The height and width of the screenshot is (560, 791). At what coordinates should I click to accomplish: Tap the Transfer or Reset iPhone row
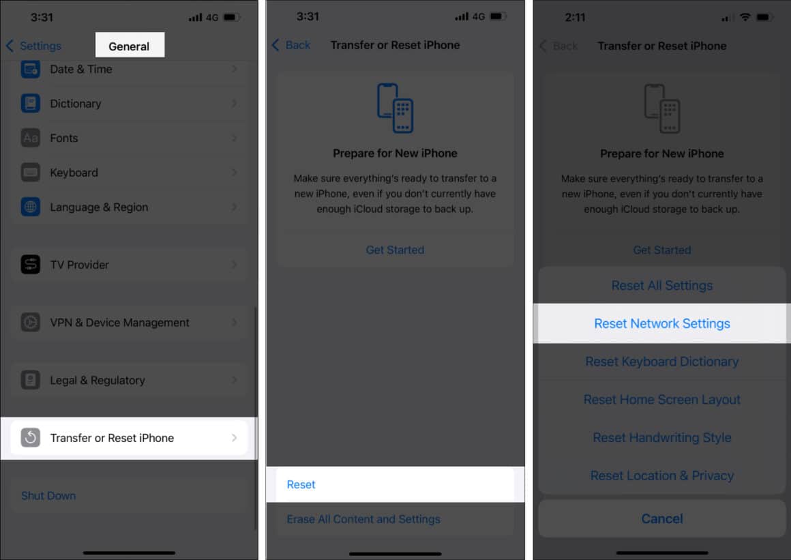128,438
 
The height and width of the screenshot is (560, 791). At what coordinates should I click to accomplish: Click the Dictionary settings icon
31,104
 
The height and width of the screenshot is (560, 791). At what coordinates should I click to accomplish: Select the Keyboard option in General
74,173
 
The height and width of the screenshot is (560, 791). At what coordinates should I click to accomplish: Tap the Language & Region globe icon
31,207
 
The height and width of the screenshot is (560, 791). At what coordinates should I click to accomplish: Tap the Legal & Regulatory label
98,381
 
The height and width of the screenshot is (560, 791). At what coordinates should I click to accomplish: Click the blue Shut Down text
48,496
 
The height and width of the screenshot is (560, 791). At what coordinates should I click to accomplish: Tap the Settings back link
34,46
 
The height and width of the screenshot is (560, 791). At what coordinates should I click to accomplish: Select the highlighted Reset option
301,484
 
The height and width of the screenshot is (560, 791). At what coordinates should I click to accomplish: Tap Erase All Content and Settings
363,519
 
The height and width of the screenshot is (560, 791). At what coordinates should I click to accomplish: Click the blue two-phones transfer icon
395,108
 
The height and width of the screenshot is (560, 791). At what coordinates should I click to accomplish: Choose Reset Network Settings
662,324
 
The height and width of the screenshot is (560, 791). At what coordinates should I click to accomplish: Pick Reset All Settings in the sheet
662,286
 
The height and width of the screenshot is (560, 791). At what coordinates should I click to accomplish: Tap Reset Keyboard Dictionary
662,362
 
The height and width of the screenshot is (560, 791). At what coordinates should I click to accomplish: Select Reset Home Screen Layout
662,400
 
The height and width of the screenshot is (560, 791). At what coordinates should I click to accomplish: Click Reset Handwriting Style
662,438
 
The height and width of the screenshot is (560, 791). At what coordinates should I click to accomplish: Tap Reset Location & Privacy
662,475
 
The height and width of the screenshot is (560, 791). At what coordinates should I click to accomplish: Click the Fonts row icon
31,138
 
